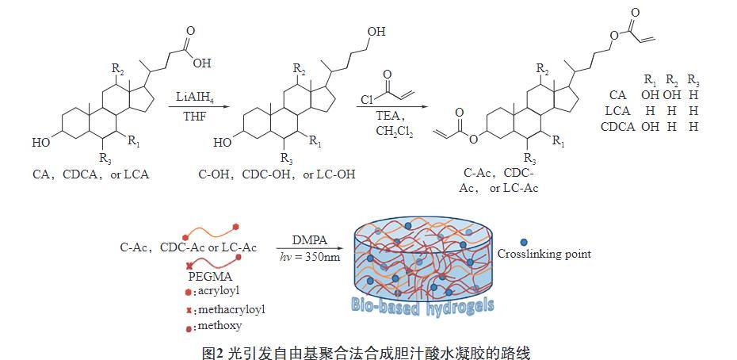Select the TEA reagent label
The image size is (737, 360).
point(389,116)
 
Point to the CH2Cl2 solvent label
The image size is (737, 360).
point(390,132)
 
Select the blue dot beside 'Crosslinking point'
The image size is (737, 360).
point(523,243)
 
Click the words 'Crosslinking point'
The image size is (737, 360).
point(568,255)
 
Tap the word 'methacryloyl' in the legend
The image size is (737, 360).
point(231,308)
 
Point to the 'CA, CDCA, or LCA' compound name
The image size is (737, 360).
point(90,173)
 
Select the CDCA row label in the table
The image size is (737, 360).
point(618,125)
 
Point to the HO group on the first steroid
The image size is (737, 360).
point(40,144)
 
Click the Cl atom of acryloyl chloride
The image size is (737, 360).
point(366,100)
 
